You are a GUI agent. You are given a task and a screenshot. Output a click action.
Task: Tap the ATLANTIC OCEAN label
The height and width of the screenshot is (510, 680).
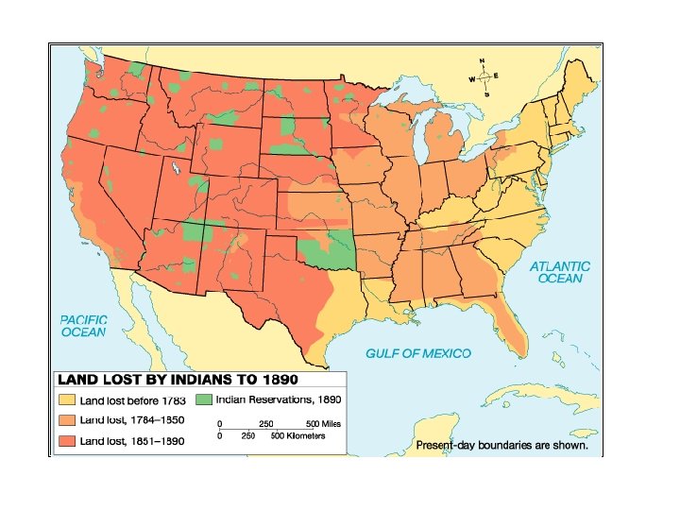pos(559,273)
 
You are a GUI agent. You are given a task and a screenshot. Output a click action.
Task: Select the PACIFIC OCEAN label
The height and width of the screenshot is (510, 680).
pos(83,327)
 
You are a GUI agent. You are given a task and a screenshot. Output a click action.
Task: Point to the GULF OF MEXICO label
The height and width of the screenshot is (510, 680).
pos(417,353)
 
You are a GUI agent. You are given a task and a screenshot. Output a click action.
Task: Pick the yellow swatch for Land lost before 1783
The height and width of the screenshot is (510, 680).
pos(68,400)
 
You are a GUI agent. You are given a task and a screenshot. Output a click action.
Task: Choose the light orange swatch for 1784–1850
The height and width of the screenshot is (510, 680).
pos(68,420)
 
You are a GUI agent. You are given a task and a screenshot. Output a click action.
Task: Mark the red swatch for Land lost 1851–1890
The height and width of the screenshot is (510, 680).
pos(68,440)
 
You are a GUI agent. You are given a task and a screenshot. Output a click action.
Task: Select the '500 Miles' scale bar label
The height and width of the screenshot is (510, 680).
pos(323,424)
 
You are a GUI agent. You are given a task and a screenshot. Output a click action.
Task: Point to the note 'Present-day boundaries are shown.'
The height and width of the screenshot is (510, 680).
pos(501,445)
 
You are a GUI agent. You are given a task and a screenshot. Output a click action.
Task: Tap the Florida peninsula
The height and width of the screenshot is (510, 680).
pos(511,320)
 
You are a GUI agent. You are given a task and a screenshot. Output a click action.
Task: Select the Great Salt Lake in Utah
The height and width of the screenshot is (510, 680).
pos(177,171)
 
